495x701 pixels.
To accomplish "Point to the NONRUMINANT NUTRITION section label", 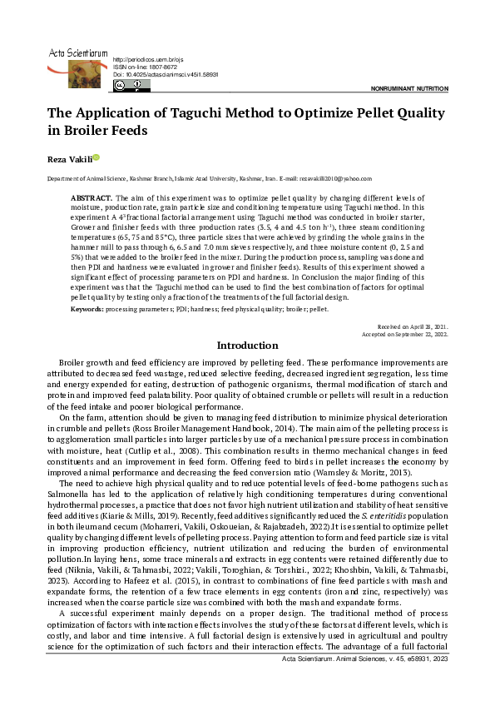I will click(x=409, y=87).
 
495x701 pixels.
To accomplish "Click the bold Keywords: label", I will click(x=87, y=308).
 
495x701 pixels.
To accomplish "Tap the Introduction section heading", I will click(x=247, y=346).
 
